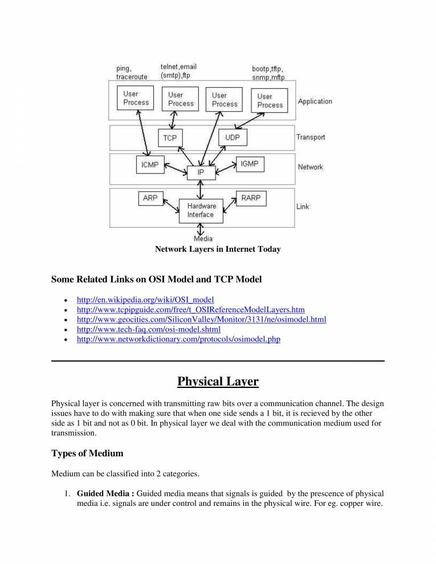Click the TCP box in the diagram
[170, 138]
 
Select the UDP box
[233, 137]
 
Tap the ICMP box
[150, 165]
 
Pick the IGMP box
[249, 164]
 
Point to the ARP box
[150, 198]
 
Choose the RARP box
[250, 198]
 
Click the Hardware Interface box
[201, 210]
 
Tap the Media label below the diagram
[199, 239]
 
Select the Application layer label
[315, 101]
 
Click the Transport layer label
[311, 137]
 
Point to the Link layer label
[303, 206]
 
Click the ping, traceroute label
[132, 72]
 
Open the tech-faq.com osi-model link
[148, 329]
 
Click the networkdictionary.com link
[178, 339]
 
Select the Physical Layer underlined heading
[218, 381]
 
